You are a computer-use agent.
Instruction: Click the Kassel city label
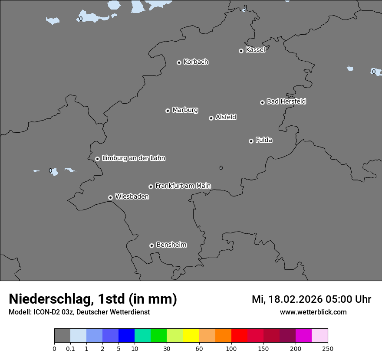(255, 50)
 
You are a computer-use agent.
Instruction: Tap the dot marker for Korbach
(179, 62)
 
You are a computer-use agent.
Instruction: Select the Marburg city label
(185, 110)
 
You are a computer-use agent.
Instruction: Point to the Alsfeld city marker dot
(211, 118)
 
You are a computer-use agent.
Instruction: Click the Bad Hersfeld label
(286, 101)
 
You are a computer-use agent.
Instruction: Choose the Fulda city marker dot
(251, 141)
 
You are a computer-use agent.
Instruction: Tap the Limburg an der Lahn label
(133, 158)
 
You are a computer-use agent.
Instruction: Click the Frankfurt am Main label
(183, 186)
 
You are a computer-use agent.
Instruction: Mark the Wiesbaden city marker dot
(110, 197)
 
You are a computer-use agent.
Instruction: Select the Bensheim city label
(171, 245)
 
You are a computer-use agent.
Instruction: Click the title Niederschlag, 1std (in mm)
(93, 299)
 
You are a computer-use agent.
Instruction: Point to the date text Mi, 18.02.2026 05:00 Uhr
(311, 299)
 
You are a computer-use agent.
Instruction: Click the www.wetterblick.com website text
(313, 312)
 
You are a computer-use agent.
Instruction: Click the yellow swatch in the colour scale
(191, 336)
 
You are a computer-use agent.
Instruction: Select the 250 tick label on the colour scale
(328, 348)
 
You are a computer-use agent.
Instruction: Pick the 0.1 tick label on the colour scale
(70, 348)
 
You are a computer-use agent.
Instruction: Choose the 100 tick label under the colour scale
(231, 348)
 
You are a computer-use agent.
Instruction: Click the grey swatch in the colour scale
(62, 336)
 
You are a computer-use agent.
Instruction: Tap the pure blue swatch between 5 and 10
(126, 336)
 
